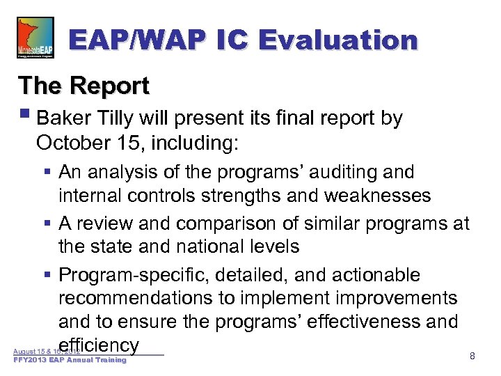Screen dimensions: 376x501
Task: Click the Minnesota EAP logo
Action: click(35, 38)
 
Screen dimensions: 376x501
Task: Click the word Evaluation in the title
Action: click(338, 40)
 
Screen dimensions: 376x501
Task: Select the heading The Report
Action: click(83, 86)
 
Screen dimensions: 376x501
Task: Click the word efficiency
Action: click(100, 345)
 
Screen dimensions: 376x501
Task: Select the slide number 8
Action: click(472, 356)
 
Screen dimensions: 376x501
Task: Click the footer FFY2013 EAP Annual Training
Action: click(70, 360)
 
